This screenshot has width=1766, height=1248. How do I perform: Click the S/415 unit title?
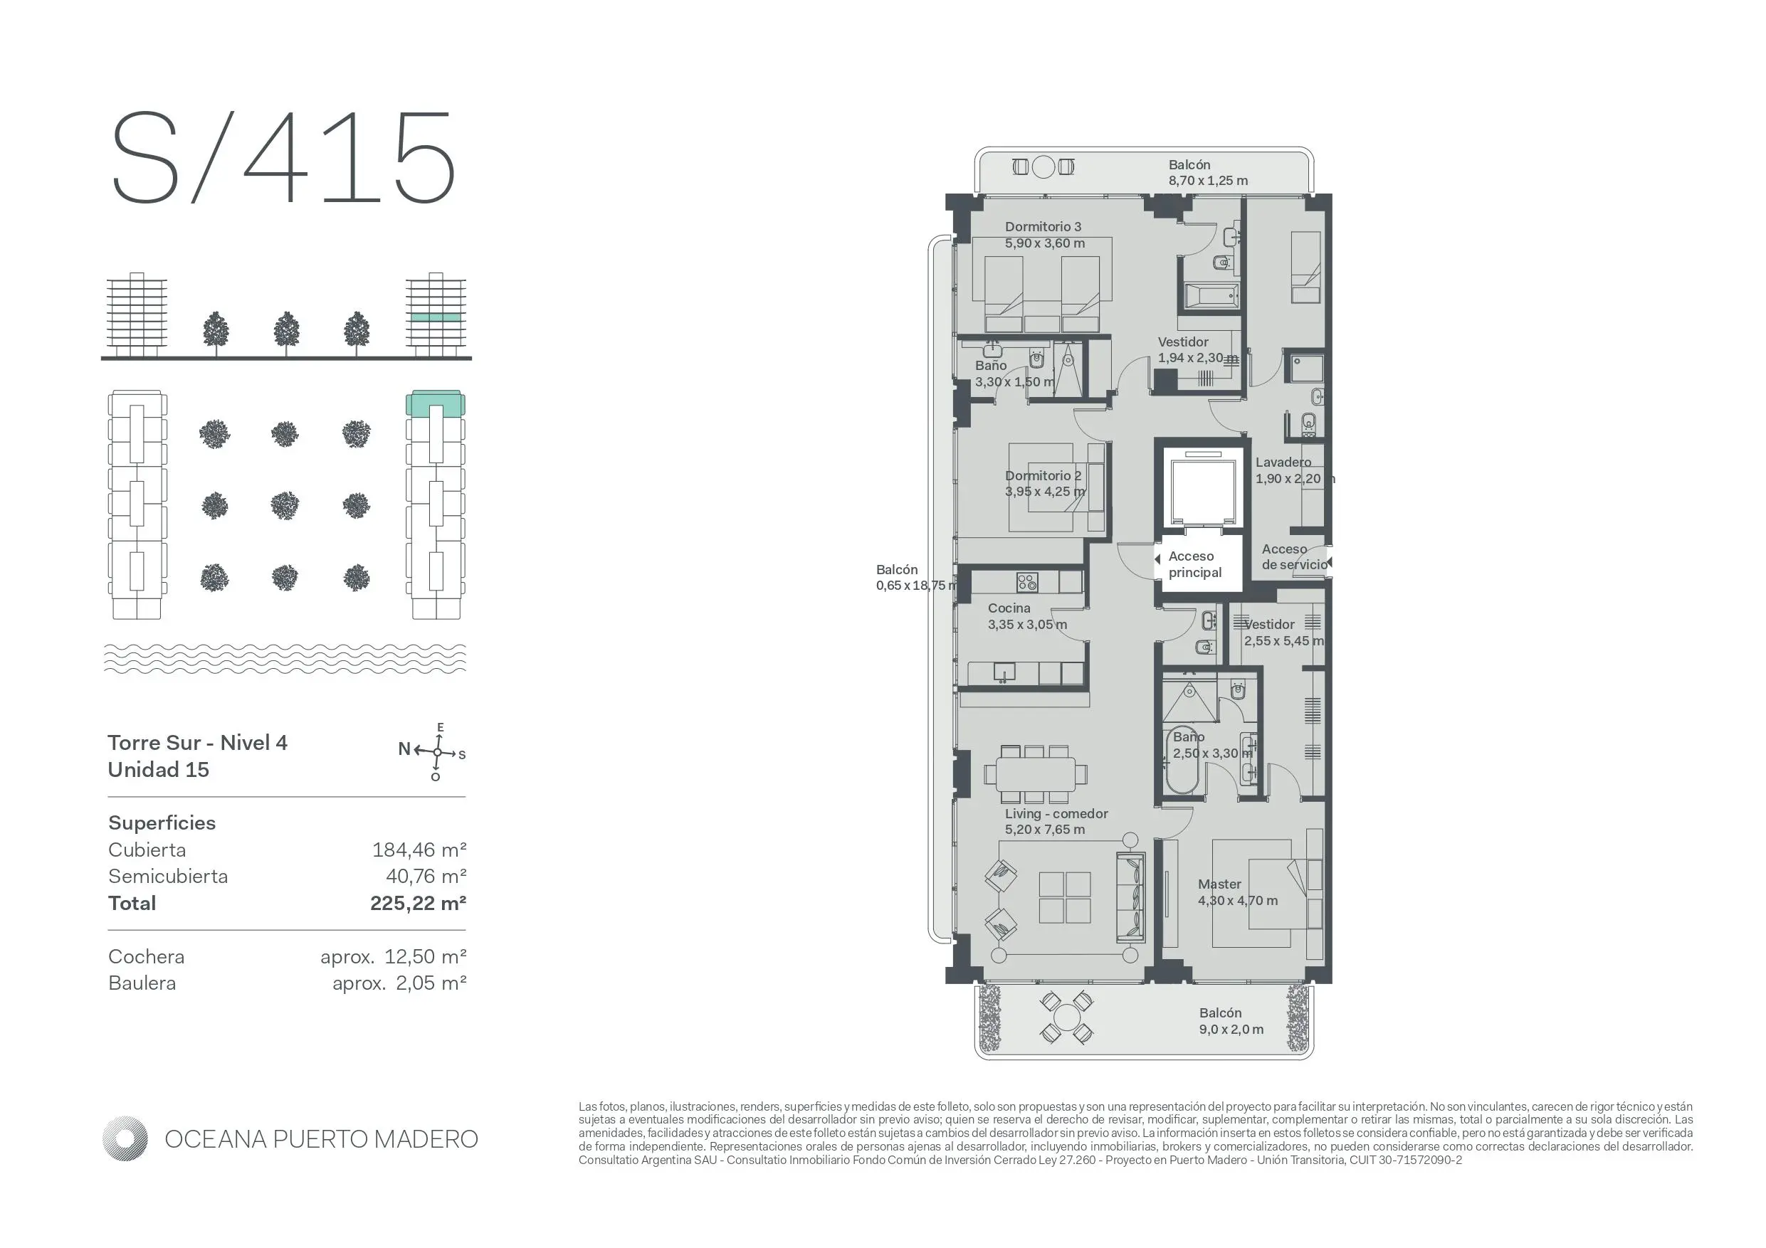coord(284,159)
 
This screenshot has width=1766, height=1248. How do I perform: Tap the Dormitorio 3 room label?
coord(1043,227)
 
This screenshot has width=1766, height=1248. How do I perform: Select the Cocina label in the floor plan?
coord(1009,608)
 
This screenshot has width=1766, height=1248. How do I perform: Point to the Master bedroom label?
coord(1220,884)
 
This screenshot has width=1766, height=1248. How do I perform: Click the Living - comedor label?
coord(1056,813)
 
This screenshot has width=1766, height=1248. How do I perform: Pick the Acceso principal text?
coord(1195,564)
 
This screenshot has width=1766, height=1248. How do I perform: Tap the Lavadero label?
coord(1283,462)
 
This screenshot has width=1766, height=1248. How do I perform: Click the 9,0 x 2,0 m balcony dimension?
coord(1231,1030)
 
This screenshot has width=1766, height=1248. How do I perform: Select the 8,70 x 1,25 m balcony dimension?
coord(1209,181)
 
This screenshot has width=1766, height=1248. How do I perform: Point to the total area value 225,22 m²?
coord(419,903)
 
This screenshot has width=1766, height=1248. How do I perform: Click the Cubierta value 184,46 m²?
coord(419,850)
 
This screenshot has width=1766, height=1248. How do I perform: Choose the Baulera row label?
coord(142,983)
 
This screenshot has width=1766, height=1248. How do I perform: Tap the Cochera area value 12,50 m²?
coord(426,956)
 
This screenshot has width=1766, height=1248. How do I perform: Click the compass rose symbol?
coord(437,752)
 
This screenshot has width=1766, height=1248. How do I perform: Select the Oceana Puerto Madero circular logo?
coord(125,1139)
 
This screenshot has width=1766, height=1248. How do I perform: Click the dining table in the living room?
coord(1035,774)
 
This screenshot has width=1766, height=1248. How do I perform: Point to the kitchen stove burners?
coord(1027,582)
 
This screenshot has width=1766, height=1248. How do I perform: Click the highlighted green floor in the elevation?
coord(436,317)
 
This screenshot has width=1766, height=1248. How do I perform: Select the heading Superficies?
coord(162,823)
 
